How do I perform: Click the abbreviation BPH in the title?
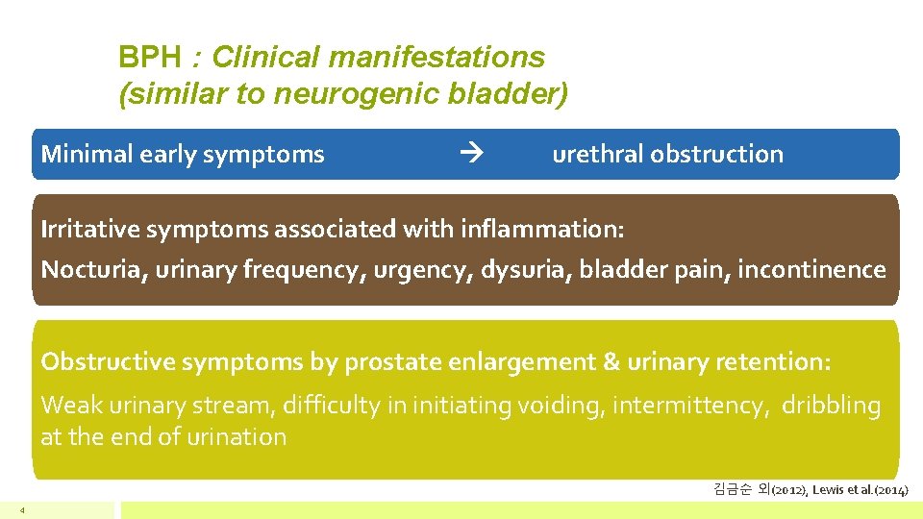click(x=148, y=58)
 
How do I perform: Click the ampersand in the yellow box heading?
click(x=611, y=362)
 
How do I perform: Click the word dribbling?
click(x=831, y=407)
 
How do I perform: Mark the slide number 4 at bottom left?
click(x=21, y=509)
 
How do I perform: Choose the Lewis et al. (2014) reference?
click(x=860, y=489)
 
